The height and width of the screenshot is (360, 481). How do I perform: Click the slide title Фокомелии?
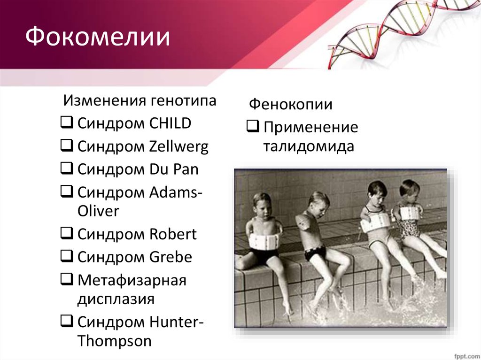(x=98, y=37)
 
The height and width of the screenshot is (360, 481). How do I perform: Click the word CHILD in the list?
(x=170, y=123)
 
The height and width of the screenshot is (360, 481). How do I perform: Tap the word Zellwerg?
(x=179, y=146)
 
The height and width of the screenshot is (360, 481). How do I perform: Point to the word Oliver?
(x=98, y=211)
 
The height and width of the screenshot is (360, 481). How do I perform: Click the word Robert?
(x=173, y=234)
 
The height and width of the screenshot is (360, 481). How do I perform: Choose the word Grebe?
(x=171, y=257)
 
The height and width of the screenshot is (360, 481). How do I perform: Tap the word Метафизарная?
(x=132, y=281)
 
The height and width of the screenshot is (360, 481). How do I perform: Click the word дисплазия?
(x=116, y=299)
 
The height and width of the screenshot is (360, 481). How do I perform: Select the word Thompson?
(x=115, y=341)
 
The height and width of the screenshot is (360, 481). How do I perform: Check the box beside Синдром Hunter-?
(x=67, y=321)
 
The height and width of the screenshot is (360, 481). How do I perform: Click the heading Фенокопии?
(x=290, y=104)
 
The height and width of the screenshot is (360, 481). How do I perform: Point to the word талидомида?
(x=309, y=146)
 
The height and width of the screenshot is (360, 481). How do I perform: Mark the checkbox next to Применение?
(x=253, y=126)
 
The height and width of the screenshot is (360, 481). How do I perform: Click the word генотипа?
(x=184, y=101)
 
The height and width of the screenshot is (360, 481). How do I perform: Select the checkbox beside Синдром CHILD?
(x=67, y=122)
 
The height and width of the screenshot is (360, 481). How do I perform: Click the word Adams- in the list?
(x=176, y=192)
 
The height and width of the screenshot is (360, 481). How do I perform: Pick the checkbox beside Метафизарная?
(x=67, y=279)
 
